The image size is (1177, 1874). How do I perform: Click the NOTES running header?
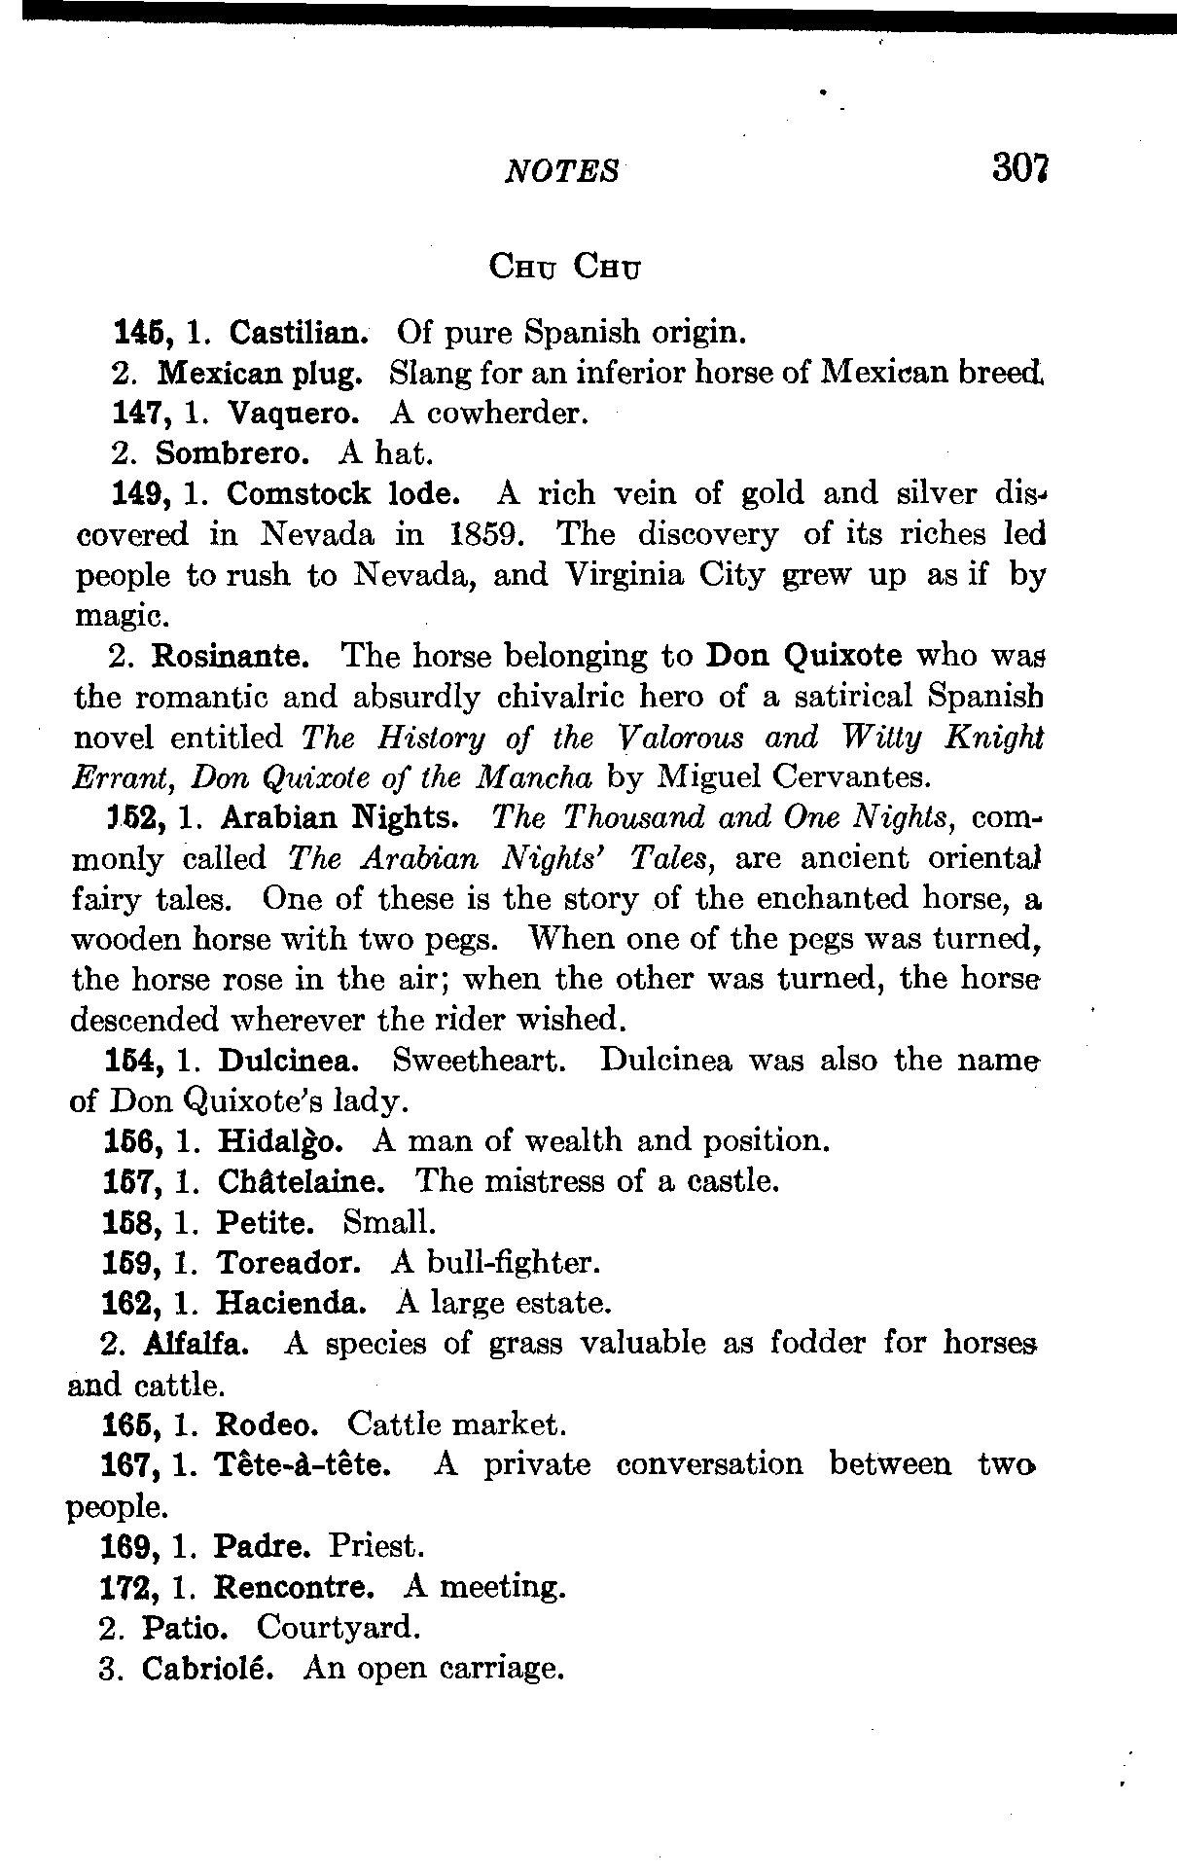[x=562, y=172]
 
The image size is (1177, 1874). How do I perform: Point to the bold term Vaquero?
[x=294, y=414]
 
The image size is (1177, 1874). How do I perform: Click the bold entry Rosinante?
[x=232, y=656]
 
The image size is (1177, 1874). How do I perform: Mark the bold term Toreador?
[x=289, y=1263]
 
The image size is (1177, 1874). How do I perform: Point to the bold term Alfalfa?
[x=200, y=1344]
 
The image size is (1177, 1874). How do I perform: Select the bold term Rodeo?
[x=267, y=1425]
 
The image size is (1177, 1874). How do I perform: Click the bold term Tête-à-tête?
[x=303, y=1465]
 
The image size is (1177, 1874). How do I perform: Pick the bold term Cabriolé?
[x=206, y=1669]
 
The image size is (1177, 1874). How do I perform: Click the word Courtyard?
[x=338, y=1627]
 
